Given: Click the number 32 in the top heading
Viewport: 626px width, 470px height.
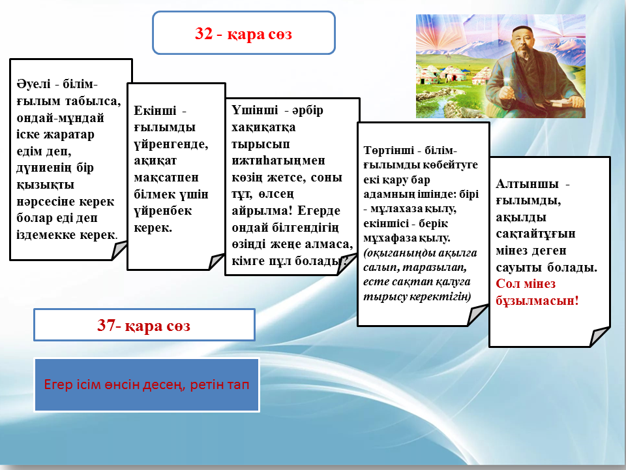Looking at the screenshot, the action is point(203,33).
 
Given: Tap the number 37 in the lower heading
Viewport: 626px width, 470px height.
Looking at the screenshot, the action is point(106,325).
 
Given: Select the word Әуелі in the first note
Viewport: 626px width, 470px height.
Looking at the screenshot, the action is point(33,84).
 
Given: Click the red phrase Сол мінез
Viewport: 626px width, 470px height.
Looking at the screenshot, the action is point(526,284).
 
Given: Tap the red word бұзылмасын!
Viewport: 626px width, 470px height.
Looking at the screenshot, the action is point(537,300).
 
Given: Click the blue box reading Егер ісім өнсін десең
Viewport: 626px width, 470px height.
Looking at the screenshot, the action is point(147,384).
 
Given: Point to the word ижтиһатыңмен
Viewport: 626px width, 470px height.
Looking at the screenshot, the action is point(278,161).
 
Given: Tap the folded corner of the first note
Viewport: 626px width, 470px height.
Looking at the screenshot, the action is point(119,251).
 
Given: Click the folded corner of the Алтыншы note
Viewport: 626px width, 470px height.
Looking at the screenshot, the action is point(599,337).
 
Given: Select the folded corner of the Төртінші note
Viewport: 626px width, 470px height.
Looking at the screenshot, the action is point(477,315).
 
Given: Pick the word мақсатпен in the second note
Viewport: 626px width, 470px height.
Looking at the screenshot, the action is point(166,178).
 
